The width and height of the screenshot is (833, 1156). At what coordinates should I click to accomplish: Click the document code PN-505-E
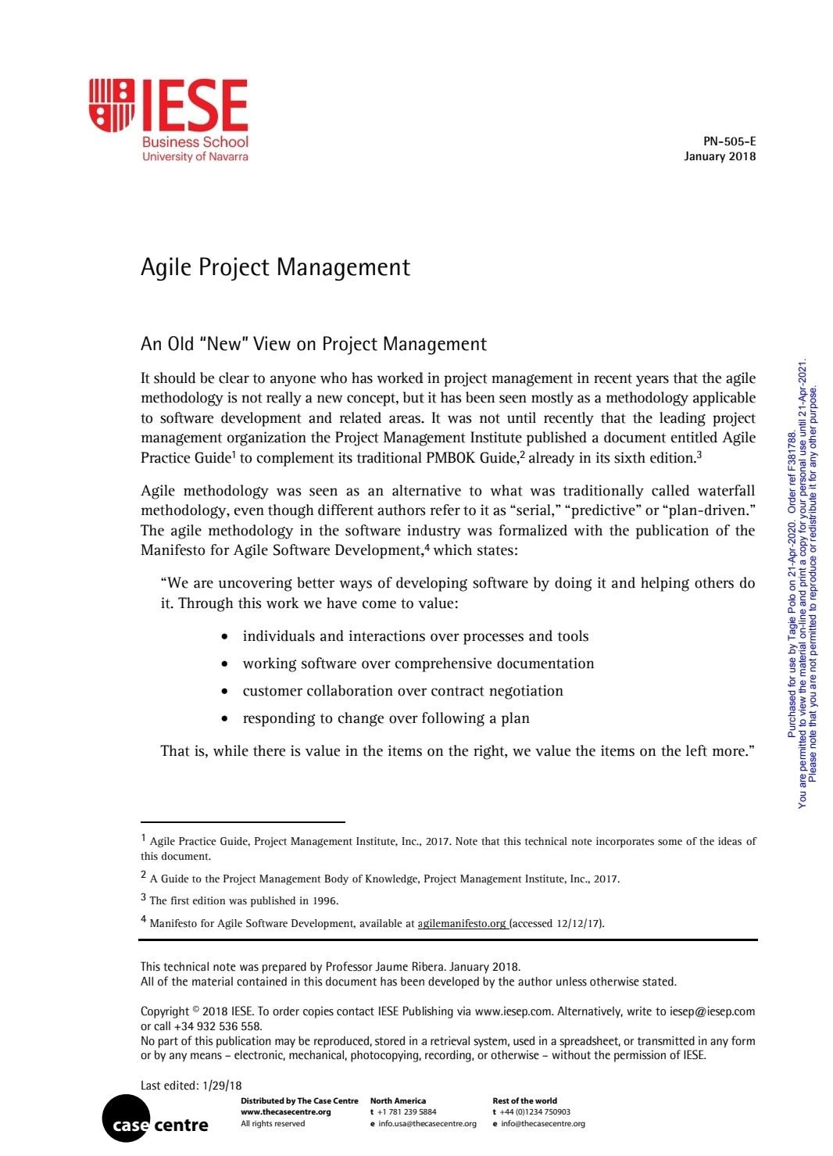729,141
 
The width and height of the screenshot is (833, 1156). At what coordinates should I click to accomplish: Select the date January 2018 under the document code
719,156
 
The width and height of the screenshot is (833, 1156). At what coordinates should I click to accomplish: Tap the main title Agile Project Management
275,267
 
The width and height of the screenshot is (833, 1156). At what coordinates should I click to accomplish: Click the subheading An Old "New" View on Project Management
313,344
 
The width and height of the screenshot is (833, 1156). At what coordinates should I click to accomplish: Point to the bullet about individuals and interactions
415,636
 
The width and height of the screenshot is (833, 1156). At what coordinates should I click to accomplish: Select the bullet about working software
418,664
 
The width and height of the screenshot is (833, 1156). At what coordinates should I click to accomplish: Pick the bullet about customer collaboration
402,691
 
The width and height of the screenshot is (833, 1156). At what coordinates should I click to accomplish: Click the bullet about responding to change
386,718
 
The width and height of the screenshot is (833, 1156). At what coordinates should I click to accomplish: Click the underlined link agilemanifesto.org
462,923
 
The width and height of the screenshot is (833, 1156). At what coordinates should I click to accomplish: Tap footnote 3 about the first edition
243,900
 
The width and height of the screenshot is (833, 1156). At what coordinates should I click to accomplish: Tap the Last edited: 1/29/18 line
191,1085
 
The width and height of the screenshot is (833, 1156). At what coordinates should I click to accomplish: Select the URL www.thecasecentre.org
285,1111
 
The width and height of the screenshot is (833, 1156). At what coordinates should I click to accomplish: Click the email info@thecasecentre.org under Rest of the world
542,1124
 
